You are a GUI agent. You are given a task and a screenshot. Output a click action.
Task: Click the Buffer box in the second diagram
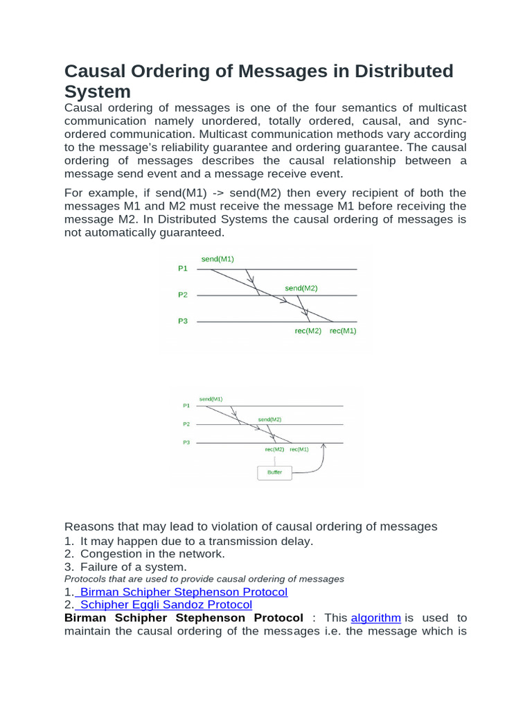click(274, 472)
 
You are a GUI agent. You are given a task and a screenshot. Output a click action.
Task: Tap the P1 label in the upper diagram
click(183, 268)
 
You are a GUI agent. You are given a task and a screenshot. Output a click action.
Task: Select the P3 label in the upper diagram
click(183, 321)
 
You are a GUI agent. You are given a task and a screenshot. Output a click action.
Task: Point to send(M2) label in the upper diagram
click(301, 288)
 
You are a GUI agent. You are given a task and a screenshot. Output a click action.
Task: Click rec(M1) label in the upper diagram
click(343, 331)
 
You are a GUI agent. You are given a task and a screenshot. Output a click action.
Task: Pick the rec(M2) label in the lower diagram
click(274, 449)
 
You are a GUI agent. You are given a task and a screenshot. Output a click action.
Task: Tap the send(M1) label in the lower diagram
click(211, 399)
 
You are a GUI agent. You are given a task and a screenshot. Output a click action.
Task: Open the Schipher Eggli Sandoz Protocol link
click(166, 605)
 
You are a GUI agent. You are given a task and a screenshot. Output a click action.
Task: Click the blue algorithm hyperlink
click(376, 618)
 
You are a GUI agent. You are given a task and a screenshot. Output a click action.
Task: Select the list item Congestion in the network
click(152, 553)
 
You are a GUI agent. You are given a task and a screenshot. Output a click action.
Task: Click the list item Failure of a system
click(133, 566)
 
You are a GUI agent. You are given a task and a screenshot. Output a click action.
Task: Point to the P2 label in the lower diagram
click(186, 424)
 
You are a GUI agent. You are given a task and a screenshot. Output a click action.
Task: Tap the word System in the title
click(97, 92)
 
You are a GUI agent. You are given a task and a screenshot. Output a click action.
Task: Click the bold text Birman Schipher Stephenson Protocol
click(183, 618)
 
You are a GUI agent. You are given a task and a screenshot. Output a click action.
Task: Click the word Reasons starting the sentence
click(88, 526)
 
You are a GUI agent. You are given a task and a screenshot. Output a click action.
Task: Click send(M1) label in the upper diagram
click(218, 259)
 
